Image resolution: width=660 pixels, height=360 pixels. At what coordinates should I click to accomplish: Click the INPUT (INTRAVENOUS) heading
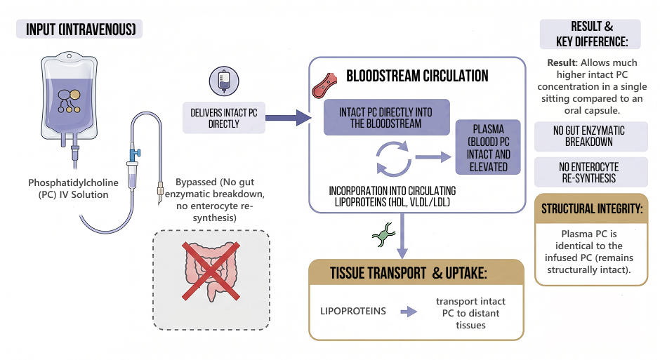[80, 29]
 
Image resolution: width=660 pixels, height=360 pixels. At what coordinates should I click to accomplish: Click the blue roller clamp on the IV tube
[134, 155]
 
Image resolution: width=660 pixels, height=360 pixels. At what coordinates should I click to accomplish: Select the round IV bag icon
[224, 81]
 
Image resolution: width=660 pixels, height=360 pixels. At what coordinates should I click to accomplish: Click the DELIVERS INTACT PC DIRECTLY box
[224, 118]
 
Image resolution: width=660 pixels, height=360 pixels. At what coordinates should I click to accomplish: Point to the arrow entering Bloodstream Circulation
[289, 118]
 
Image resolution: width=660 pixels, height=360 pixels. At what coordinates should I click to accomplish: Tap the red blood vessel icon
[324, 86]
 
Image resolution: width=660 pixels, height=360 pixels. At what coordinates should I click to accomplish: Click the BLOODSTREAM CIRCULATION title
[417, 76]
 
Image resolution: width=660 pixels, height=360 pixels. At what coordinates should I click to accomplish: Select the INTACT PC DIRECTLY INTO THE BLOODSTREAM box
[386, 117]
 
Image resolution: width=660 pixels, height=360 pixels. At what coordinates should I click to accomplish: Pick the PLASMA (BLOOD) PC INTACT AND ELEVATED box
[488, 147]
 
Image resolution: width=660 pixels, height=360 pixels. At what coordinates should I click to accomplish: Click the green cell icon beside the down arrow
[383, 234]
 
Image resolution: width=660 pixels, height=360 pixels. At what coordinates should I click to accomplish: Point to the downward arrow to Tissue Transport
[402, 236]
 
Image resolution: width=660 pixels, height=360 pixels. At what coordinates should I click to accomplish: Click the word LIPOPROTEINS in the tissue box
[353, 311]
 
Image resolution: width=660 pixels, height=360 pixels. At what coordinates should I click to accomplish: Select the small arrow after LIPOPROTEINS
[409, 312]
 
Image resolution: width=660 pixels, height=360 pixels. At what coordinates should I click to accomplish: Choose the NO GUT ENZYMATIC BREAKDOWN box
[591, 136]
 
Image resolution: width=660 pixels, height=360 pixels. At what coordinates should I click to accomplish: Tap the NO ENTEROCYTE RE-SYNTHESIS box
[591, 173]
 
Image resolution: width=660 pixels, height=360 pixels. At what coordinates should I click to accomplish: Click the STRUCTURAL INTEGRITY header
[591, 208]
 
